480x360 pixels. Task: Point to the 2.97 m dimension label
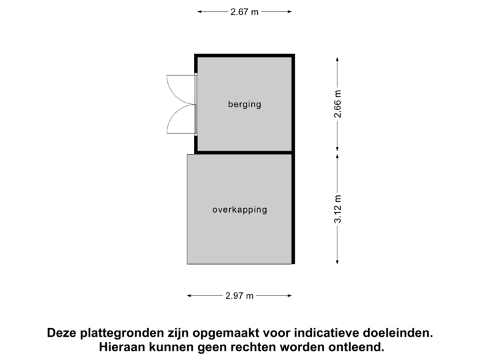(x=240, y=295)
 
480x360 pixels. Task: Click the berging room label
(x=244, y=104)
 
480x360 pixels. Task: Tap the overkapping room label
(x=239, y=209)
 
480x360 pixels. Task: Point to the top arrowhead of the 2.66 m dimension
(x=337, y=58)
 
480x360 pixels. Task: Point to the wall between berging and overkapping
(x=244, y=153)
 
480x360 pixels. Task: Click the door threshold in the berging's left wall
(x=195, y=104)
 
